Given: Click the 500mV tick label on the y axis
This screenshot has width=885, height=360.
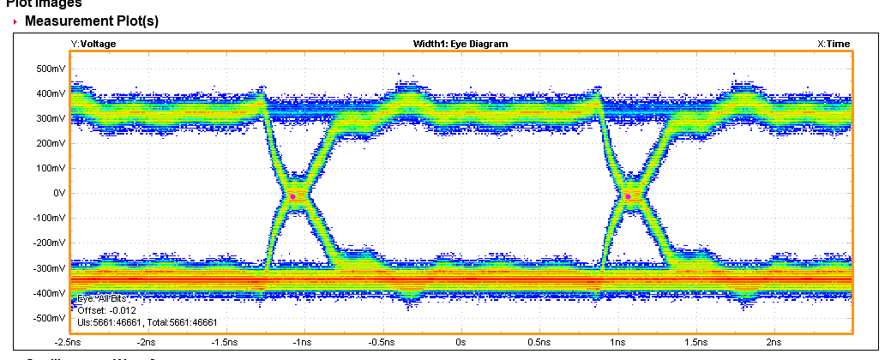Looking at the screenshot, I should click(51, 68).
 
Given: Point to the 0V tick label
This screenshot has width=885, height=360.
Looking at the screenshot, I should click(57, 193).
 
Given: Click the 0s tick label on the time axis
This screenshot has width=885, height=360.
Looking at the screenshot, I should click(461, 342).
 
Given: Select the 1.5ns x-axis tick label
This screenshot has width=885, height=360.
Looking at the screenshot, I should click(695, 342).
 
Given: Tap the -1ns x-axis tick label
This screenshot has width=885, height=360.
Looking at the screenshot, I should click(304, 342).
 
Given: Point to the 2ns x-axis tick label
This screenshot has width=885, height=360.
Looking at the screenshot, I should click(774, 342).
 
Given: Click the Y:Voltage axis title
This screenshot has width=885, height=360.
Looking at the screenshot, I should click(93, 43).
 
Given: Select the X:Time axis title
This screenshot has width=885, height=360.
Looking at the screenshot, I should click(834, 43).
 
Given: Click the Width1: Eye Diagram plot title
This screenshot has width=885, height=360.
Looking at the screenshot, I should click(461, 43).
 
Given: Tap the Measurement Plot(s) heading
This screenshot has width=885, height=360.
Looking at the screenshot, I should click(92, 20).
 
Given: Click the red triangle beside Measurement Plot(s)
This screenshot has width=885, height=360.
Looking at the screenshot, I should click(15, 21).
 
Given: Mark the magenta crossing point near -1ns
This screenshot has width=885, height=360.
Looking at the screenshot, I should click(292, 196).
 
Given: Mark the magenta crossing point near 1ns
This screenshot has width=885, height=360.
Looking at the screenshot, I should click(628, 196).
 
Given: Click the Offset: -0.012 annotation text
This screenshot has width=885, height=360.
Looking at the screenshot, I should click(105, 310).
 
